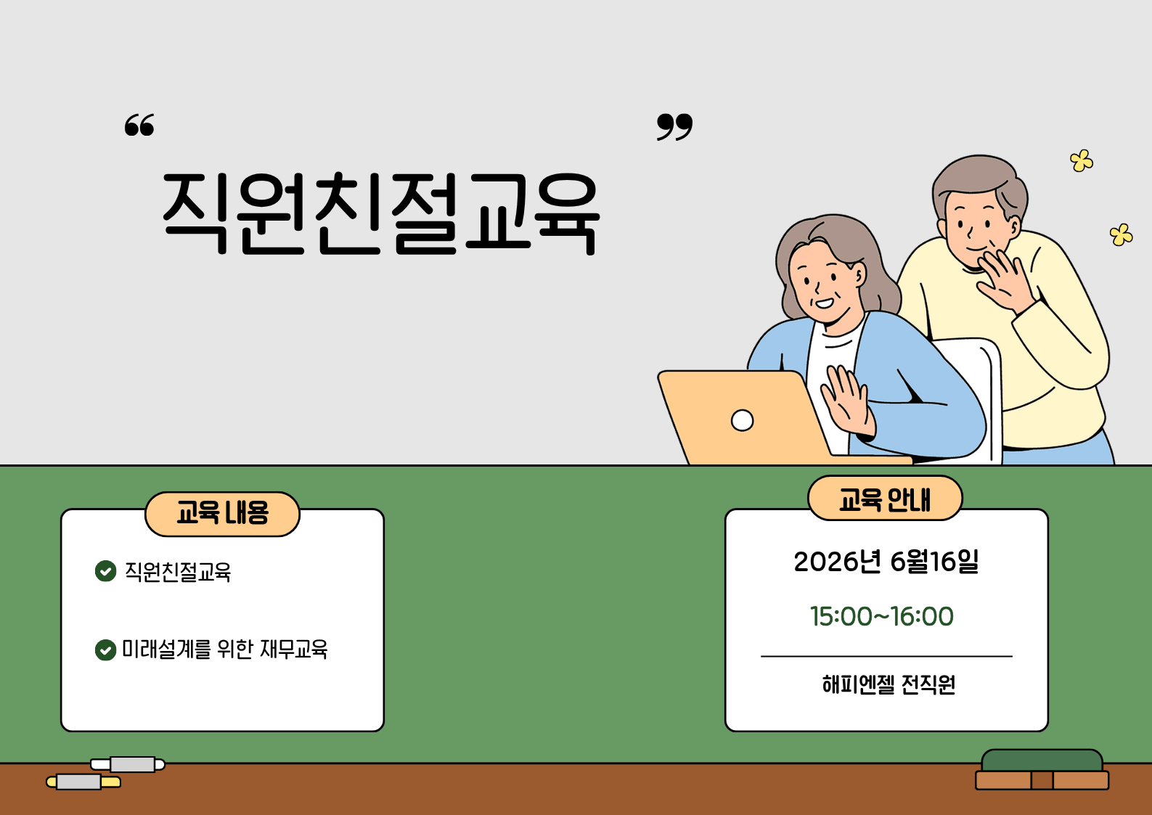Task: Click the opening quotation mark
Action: pyautogui.click(x=139, y=125)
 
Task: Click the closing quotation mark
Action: pyautogui.click(x=674, y=127)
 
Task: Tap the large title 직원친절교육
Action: pyautogui.click(x=380, y=213)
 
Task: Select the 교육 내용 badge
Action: pyautogui.click(x=222, y=514)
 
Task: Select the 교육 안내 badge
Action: pyautogui.click(x=885, y=498)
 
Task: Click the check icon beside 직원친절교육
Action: pyautogui.click(x=105, y=570)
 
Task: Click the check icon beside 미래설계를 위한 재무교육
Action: pyautogui.click(x=105, y=650)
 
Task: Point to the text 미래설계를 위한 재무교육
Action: pyautogui.click(x=225, y=649)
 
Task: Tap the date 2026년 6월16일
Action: pyautogui.click(x=886, y=561)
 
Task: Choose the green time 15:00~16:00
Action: pyautogui.click(x=882, y=616)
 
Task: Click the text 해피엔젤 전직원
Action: pyautogui.click(x=888, y=684)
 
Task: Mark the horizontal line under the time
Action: pyautogui.click(x=886, y=657)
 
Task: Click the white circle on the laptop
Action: pyautogui.click(x=742, y=420)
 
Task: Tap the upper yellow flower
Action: pyautogui.click(x=1082, y=160)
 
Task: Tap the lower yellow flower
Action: pyautogui.click(x=1121, y=234)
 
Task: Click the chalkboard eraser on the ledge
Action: pyautogui.click(x=1042, y=770)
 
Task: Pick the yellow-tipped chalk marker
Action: pyautogui.click(x=83, y=782)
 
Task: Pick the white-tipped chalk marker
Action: pyautogui.click(x=128, y=765)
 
